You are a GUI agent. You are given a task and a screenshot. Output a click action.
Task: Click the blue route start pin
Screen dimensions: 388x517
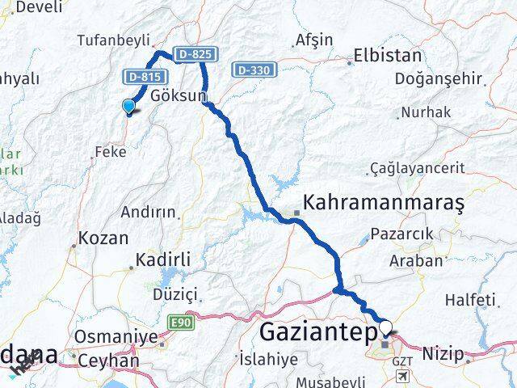tap(128, 106)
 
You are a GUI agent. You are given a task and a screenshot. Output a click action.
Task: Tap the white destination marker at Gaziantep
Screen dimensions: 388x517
tap(386, 328)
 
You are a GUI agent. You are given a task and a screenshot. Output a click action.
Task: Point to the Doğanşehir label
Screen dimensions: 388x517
tap(439, 78)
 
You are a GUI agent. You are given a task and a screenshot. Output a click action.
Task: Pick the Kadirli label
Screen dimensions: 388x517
tap(163, 259)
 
